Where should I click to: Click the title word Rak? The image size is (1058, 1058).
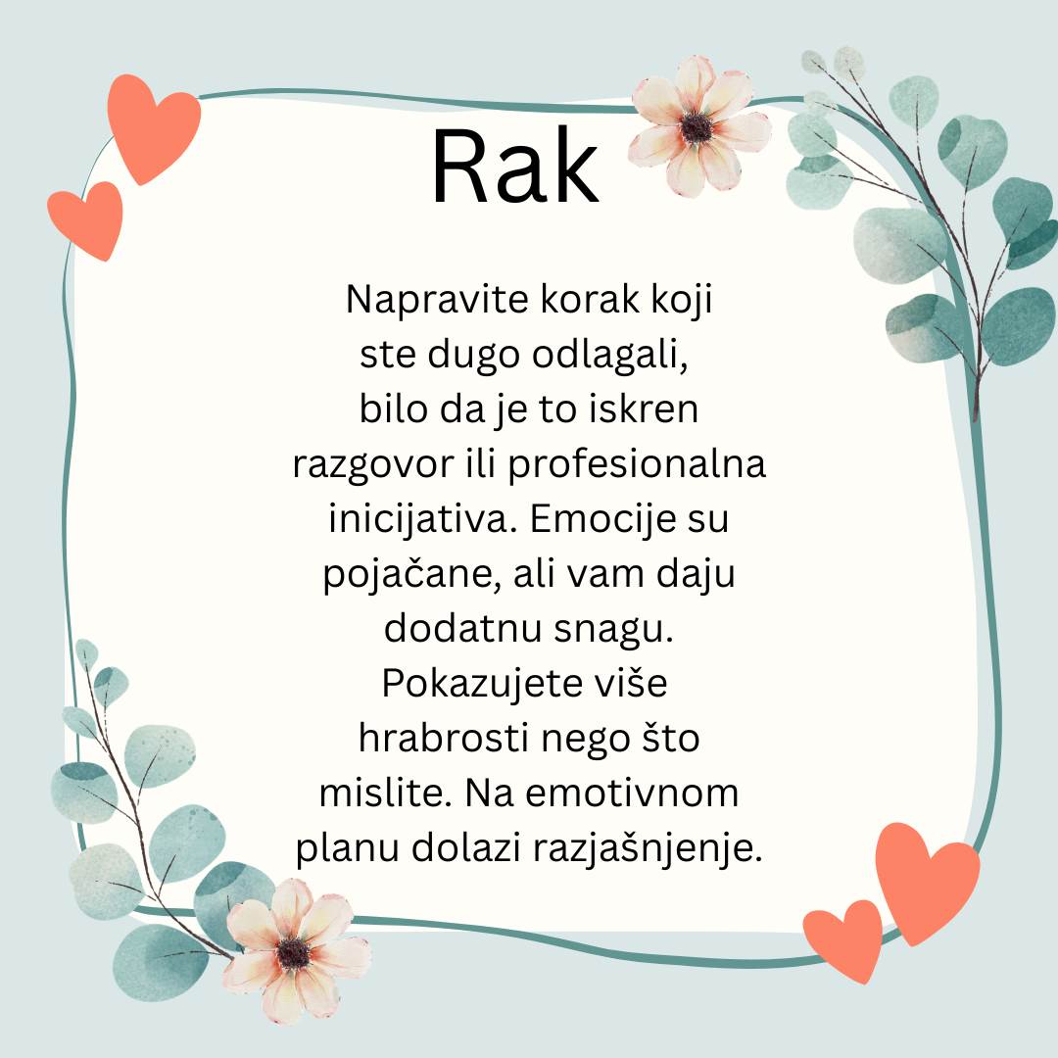(x=515, y=166)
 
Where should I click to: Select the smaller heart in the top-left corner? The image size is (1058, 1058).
(x=87, y=218)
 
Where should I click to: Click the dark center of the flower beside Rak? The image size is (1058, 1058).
(x=696, y=127)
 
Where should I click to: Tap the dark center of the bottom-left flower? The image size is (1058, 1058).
(x=293, y=951)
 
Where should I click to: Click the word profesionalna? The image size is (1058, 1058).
(x=637, y=465)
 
